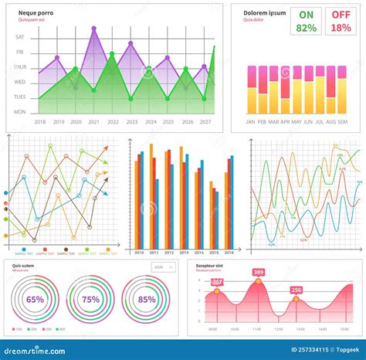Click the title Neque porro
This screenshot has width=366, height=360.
click(x=36, y=13)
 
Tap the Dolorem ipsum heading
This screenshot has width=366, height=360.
click(x=264, y=13)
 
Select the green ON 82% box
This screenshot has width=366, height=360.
click(x=306, y=21)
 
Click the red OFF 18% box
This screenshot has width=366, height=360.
click(x=340, y=21)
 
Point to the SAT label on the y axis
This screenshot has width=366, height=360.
click(x=20, y=37)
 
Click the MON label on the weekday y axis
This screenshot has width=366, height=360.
click(x=20, y=112)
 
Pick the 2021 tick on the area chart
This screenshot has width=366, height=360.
click(x=94, y=122)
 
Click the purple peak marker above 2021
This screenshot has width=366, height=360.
click(x=94, y=28)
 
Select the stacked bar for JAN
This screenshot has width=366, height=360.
click(x=251, y=90)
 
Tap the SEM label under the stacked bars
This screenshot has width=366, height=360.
click(x=342, y=122)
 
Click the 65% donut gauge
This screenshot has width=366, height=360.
click(x=36, y=300)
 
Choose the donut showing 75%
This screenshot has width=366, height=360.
click(x=91, y=300)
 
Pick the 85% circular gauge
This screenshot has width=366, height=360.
click(x=147, y=300)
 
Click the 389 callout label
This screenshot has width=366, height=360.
click(x=258, y=272)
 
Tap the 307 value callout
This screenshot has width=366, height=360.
click(x=217, y=282)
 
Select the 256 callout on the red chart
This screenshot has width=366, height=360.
click(x=297, y=290)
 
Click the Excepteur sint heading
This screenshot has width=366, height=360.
click(x=209, y=265)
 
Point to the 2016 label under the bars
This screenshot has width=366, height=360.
click(x=229, y=253)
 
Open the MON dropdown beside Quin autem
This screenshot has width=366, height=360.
click(x=163, y=267)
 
